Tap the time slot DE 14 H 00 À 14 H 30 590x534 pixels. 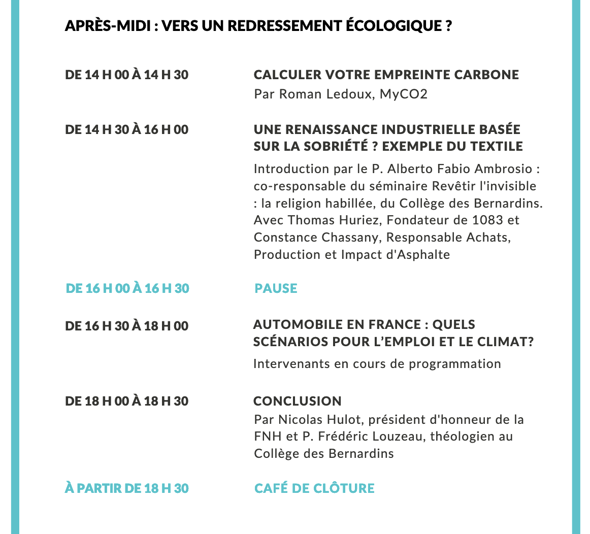coord(127,75)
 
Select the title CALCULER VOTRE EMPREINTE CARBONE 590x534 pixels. coord(386,75)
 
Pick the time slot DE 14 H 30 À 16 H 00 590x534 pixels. coord(127,130)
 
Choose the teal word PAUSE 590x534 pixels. coord(276,288)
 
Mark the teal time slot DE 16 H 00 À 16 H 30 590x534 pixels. coord(127,288)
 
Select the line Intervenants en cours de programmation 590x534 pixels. coord(377,363)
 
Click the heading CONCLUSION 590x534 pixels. coord(298,401)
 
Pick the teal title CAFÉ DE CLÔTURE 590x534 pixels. coord(314,488)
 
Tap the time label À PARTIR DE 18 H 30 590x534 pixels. coord(127,488)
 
